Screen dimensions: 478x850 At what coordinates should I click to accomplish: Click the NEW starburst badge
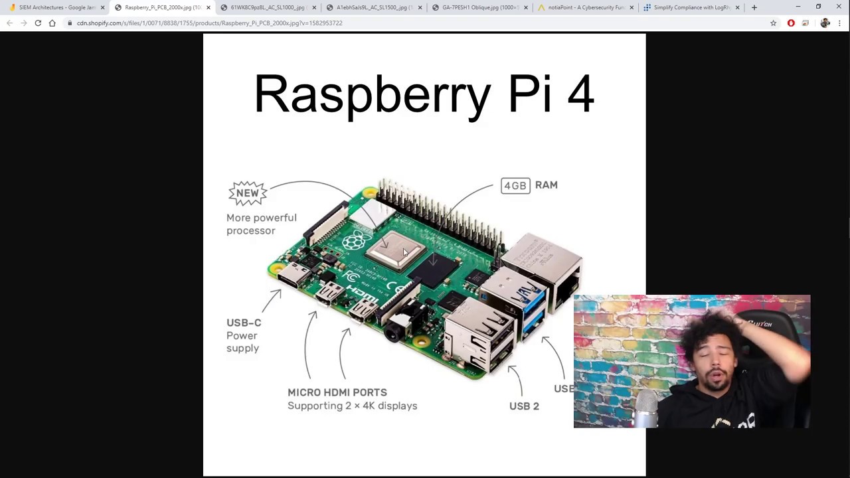pos(248,193)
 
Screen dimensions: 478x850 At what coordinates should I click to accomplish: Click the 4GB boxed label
pos(515,186)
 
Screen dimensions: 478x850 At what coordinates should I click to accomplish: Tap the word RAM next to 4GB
pos(546,185)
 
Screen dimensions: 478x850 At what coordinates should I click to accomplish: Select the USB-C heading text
pos(244,323)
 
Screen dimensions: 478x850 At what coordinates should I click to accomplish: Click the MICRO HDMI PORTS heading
pos(337,392)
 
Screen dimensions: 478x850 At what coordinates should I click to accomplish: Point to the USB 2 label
pos(524,406)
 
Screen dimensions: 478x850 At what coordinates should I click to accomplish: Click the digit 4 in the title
pos(580,94)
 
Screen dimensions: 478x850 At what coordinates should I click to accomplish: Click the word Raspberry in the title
pos(372,94)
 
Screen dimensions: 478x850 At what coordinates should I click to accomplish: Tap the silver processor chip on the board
pos(395,250)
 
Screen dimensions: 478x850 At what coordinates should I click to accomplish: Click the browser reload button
pos(38,23)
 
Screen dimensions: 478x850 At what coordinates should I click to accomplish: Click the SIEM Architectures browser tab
pos(56,7)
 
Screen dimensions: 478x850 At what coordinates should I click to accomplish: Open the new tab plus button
pos(754,7)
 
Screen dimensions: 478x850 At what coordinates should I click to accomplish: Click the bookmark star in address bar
pos(773,23)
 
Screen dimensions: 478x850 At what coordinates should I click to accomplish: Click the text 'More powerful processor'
pos(261,224)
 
